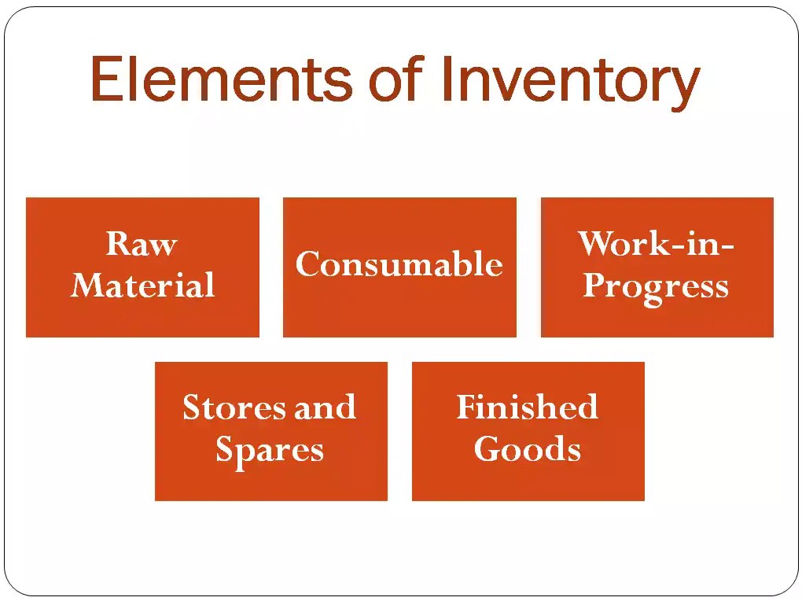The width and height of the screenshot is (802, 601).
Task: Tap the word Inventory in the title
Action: (x=569, y=82)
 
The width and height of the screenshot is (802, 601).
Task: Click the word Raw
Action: (x=142, y=244)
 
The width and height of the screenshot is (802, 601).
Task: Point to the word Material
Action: (x=142, y=285)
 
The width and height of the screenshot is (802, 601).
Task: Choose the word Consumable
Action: (x=399, y=264)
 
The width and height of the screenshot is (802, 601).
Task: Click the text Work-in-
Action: (x=656, y=244)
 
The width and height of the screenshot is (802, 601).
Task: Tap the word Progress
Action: (x=656, y=287)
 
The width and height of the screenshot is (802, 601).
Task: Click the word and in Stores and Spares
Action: (x=325, y=407)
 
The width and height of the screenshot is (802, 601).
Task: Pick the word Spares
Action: (x=270, y=451)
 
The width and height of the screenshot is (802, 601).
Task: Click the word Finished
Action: (x=528, y=407)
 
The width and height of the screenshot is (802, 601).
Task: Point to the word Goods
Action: (x=528, y=449)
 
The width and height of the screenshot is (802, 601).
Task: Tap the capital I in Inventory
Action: (x=446, y=79)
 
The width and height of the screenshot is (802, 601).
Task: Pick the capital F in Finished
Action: (x=467, y=407)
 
